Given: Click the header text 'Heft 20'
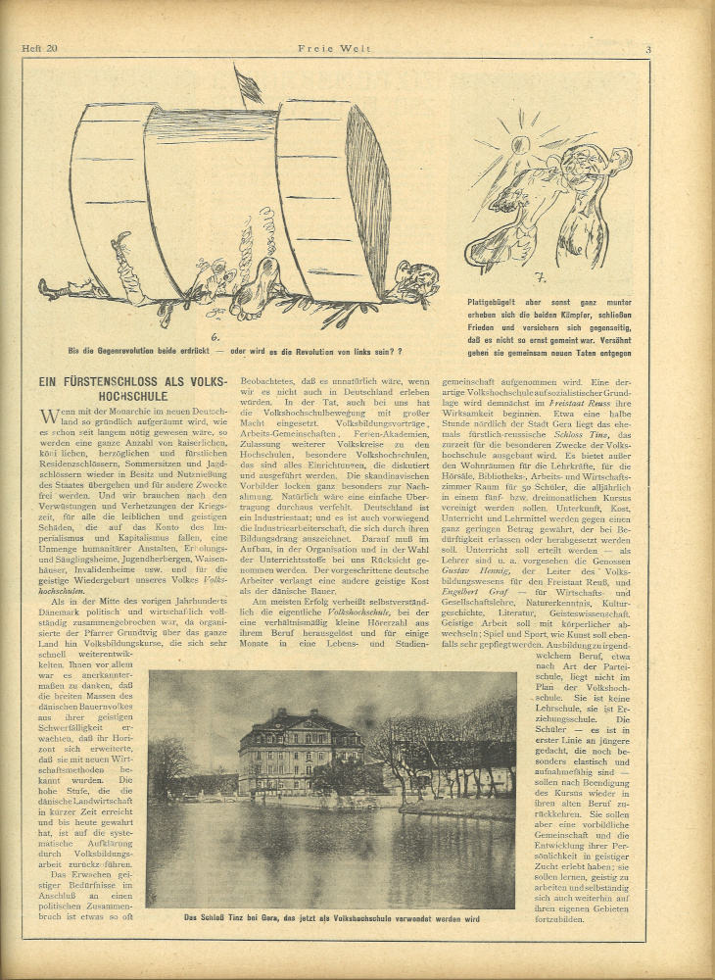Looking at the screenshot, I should click(40, 49).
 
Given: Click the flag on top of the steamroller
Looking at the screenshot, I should click(249, 85).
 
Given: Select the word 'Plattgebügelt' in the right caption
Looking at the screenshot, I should click(498, 303).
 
